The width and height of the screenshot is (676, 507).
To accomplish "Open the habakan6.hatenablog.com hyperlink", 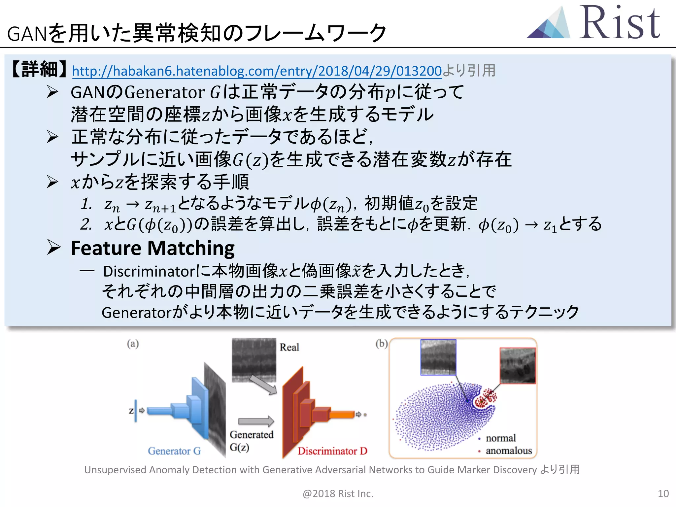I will [256, 71].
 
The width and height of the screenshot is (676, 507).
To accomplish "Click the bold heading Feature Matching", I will [152, 248].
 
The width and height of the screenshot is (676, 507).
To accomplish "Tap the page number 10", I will [663, 493].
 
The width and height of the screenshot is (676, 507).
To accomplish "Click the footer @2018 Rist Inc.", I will [338, 493].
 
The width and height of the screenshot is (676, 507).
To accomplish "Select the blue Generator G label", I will [174, 451].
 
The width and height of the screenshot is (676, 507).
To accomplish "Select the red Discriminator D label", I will [332, 451].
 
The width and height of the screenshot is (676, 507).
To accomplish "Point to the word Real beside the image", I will [289, 347].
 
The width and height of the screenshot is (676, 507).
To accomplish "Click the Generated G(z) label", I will [251, 441].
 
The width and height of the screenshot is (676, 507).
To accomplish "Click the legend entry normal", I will [500, 438].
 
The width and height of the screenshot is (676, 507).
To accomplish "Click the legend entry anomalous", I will [508, 451].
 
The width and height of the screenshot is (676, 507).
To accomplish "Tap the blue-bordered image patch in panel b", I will [438, 357].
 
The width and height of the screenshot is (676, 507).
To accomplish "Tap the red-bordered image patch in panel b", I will [518, 365].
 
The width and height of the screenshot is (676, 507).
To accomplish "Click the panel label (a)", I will [133, 344].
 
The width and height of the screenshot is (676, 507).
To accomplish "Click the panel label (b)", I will [381, 344].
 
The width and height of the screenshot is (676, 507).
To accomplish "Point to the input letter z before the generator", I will [131, 411].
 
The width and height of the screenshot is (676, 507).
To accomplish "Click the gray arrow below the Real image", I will [263, 385].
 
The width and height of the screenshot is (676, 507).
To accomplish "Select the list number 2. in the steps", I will [86, 224].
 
